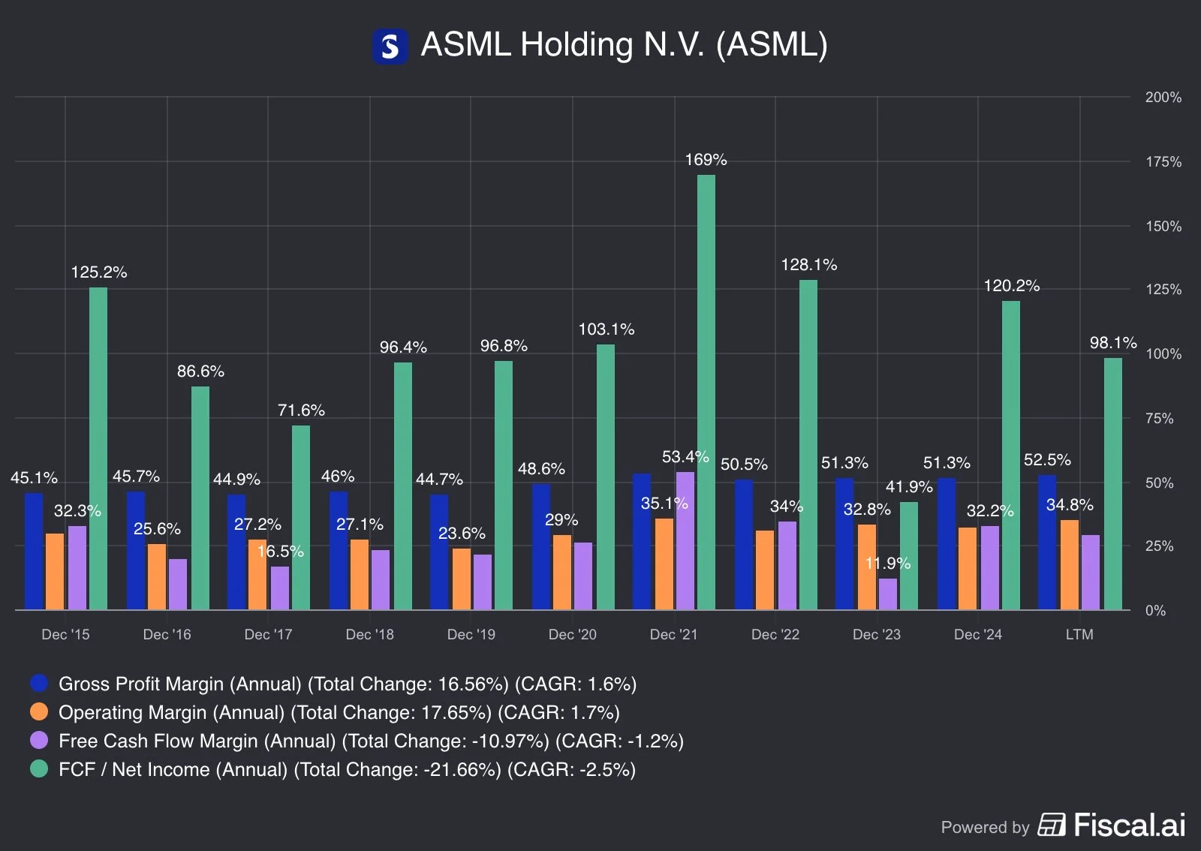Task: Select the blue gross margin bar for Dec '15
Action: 34,551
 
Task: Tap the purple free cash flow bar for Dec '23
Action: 887,594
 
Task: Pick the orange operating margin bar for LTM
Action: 1069,564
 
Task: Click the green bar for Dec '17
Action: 301,517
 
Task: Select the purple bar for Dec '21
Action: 685,540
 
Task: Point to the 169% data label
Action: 706,160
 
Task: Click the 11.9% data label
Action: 887,563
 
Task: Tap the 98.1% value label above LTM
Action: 1112,343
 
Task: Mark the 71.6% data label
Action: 301,410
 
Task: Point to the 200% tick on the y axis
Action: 1163,98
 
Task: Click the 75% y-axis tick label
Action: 1159,419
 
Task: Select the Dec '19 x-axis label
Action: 471,635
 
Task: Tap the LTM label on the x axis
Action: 1079,635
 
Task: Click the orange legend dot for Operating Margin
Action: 39,712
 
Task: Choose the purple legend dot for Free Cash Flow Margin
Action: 39,741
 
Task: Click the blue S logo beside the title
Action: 390,47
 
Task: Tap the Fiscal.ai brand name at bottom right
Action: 1129,825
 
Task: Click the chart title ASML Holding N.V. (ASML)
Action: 624,45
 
